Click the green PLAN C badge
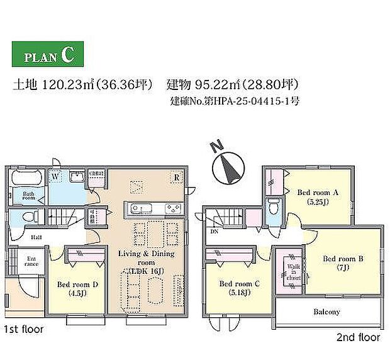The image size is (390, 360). point(47,56)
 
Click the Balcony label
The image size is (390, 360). point(326,312)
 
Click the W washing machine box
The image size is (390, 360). point(55,176)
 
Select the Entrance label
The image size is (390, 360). point(31,261)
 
